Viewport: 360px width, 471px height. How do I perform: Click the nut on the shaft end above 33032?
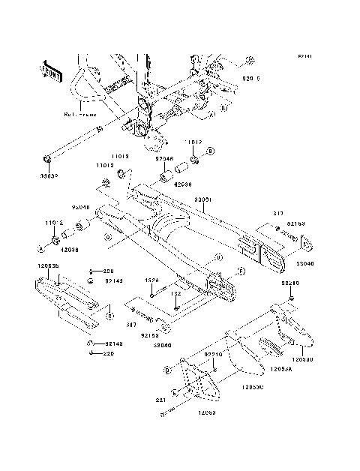point(46,158)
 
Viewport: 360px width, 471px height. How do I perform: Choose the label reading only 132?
point(176,294)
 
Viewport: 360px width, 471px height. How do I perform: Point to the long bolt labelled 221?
point(177,409)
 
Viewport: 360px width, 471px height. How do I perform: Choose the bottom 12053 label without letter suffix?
point(208,413)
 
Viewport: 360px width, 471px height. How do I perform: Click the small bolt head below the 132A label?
point(151,292)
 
